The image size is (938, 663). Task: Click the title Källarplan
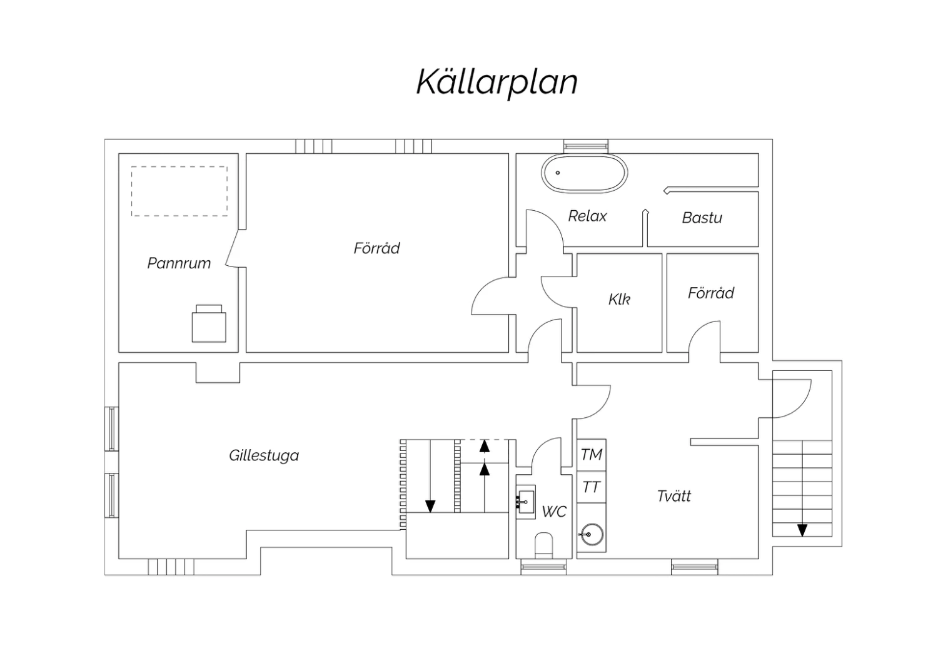pos(497,82)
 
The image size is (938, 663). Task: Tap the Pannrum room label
pos(179,263)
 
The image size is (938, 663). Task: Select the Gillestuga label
pos(264,455)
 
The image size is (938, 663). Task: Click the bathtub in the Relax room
pos(584,173)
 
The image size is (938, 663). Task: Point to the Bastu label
pos(702,218)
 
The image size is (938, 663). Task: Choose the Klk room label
pos(619,299)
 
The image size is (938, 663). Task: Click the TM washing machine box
pos(591,455)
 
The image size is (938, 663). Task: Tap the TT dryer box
pos(591,487)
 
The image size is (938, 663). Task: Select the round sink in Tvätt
pos(591,535)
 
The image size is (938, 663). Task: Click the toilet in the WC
pos(544,544)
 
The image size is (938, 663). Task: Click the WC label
pos(553,512)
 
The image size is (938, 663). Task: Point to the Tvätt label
pos(674,496)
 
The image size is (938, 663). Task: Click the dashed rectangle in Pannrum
pos(179,191)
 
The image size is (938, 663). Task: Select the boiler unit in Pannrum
pos(209,324)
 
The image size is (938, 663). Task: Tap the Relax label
pos(587,216)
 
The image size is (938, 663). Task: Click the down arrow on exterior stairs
pos(802,530)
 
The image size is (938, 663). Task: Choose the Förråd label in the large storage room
pos(376,248)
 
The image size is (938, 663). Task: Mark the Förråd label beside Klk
pos(711,293)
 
